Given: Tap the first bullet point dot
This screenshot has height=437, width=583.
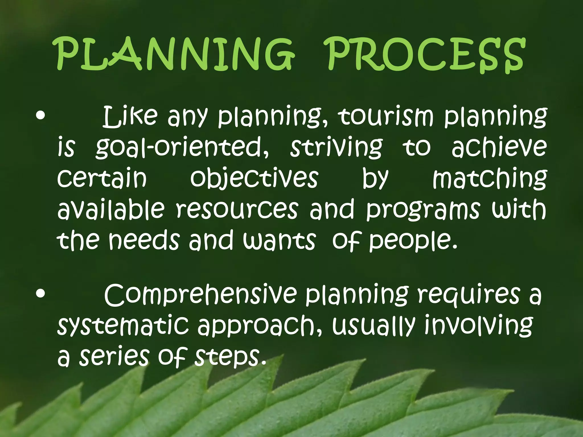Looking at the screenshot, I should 40,116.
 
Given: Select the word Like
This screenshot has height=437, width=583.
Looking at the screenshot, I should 130,117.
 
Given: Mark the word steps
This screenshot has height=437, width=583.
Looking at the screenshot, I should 229,357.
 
